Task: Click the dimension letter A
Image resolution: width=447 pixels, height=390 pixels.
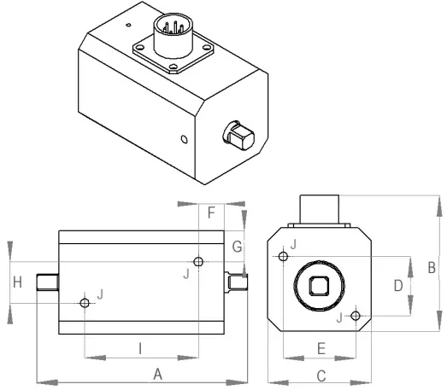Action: [x=157, y=373]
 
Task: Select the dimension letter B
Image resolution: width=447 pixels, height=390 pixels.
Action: [x=432, y=267]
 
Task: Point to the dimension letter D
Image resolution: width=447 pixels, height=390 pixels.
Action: [x=398, y=285]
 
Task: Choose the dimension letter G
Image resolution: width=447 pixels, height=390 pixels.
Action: [x=238, y=247]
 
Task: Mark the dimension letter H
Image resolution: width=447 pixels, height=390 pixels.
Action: [x=17, y=282]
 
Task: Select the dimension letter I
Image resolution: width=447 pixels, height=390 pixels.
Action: [x=140, y=347]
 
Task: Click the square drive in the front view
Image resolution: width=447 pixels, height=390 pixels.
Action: [x=319, y=286]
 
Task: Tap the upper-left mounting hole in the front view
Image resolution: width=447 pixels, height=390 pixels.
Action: [x=282, y=255]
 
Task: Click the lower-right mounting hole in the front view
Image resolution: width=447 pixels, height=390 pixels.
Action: [x=356, y=317]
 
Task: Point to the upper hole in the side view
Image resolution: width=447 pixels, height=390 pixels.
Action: [x=198, y=262]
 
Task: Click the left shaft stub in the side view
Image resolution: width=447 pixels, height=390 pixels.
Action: [x=47, y=283]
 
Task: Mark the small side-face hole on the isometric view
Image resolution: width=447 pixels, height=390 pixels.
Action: [x=181, y=138]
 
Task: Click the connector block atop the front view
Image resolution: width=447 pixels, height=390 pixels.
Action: [x=319, y=210]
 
